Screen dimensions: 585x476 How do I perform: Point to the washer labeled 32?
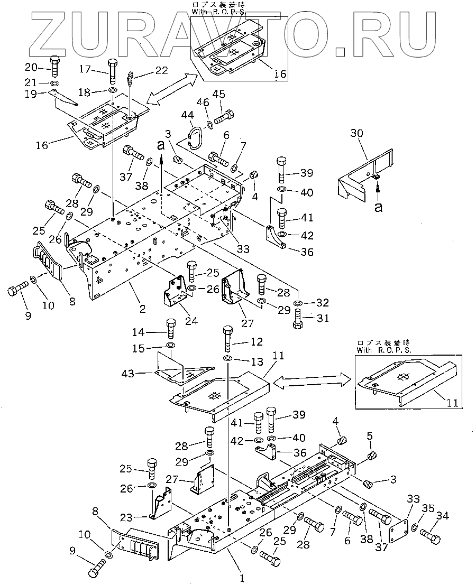(298, 303)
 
